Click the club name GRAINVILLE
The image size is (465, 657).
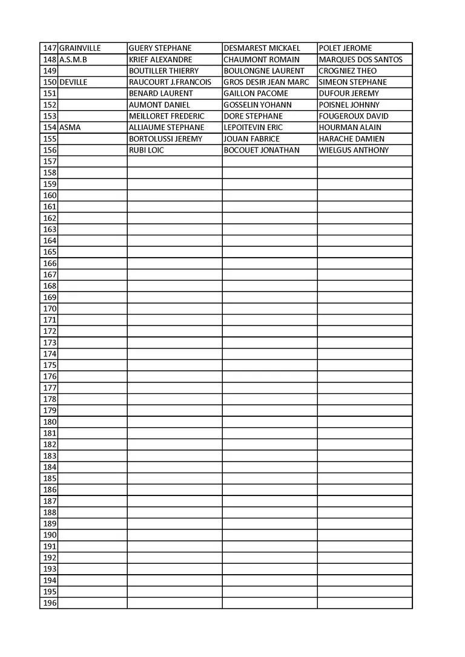(x=80, y=48)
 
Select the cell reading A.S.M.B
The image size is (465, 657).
(x=73, y=60)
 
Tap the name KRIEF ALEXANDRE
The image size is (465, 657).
(x=160, y=60)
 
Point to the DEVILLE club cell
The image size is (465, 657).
(x=74, y=82)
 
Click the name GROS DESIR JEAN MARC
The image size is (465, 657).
(x=266, y=82)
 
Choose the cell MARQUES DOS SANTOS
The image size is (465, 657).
(x=360, y=60)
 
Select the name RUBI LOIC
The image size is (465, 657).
(x=147, y=150)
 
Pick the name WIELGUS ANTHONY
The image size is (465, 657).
(x=354, y=150)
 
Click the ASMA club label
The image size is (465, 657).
(x=70, y=128)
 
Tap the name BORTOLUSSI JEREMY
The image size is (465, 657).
(x=166, y=139)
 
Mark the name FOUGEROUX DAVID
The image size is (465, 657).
(x=354, y=116)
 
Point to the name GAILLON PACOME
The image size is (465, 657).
(x=256, y=94)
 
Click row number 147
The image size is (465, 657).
(x=50, y=48)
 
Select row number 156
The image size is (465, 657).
(x=50, y=150)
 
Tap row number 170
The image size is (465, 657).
(x=50, y=309)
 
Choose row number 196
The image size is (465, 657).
(x=50, y=603)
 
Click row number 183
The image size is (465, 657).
(x=50, y=456)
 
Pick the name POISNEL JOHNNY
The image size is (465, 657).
(x=349, y=105)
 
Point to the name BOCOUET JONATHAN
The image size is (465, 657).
(x=262, y=150)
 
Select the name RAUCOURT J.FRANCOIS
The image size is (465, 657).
(x=170, y=82)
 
